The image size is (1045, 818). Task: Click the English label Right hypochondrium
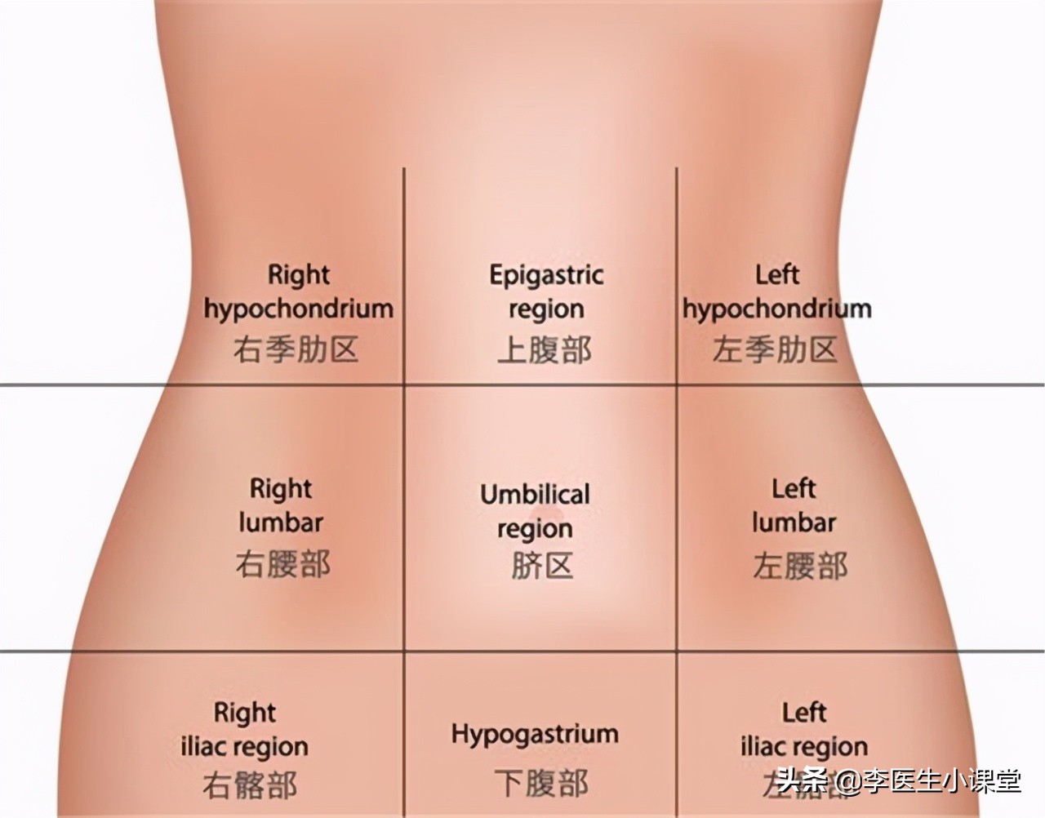tap(298, 291)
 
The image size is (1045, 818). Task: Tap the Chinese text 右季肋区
tap(296, 350)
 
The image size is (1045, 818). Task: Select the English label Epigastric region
tap(546, 291)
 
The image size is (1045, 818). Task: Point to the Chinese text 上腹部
tap(545, 350)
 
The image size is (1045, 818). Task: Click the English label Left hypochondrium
tap(776, 291)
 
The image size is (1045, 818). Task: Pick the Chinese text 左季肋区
tap(775, 350)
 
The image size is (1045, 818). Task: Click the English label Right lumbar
tap(281, 506)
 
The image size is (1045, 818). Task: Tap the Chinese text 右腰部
tap(282, 564)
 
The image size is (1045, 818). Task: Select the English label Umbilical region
tap(535, 511)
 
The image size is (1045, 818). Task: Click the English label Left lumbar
tap(794, 506)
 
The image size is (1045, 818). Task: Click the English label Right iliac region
tap(244, 729)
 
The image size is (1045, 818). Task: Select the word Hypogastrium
tap(535, 733)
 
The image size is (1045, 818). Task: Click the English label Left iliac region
tap(804, 729)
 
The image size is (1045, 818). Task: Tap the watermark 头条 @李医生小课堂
tap(899, 781)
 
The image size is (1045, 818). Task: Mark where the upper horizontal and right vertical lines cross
tap(677, 385)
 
